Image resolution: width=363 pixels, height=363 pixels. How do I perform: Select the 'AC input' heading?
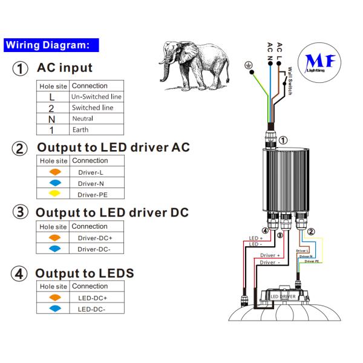(65, 68)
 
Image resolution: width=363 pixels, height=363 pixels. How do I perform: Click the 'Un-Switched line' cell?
(96, 97)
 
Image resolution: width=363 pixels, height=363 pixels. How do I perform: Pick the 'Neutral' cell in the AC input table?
(83, 119)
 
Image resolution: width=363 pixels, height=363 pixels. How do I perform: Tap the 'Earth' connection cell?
(80, 129)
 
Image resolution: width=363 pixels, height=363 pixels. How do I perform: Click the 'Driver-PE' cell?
(91, 194)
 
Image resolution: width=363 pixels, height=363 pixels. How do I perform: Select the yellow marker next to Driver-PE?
(54, 194)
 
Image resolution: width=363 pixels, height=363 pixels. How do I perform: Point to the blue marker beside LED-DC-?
(54, 309)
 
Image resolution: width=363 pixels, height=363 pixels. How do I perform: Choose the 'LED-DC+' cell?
(92, 298)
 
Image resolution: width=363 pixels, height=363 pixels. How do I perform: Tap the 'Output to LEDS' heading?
(85, 273)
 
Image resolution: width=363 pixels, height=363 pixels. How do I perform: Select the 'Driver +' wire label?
(270, 256)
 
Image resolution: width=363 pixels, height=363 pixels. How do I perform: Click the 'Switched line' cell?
(93, 108)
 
